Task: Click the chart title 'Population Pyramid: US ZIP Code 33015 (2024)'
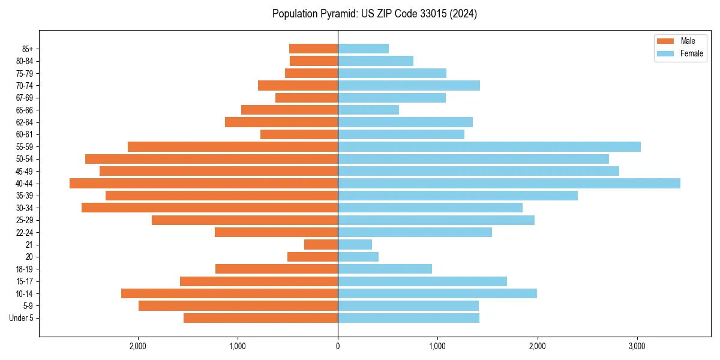[374, 14]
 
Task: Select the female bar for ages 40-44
[509, 184]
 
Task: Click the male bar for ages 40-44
[203, 184]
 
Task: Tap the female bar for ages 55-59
[489, 147]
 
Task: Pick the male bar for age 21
[321, 245]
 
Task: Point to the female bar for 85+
[363, 49]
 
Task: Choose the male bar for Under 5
[260, 318]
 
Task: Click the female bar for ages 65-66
[368, 110]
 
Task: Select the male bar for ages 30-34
[209, 208]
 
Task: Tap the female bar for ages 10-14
[437, 293]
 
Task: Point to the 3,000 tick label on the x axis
[637, 346]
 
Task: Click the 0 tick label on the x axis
[338, 346]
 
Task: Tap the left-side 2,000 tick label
[138, 346]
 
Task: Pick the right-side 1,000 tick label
[437, 346]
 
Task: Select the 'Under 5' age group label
[22, 318]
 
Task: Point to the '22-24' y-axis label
[24, 232]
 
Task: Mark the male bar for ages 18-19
[276, 269]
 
